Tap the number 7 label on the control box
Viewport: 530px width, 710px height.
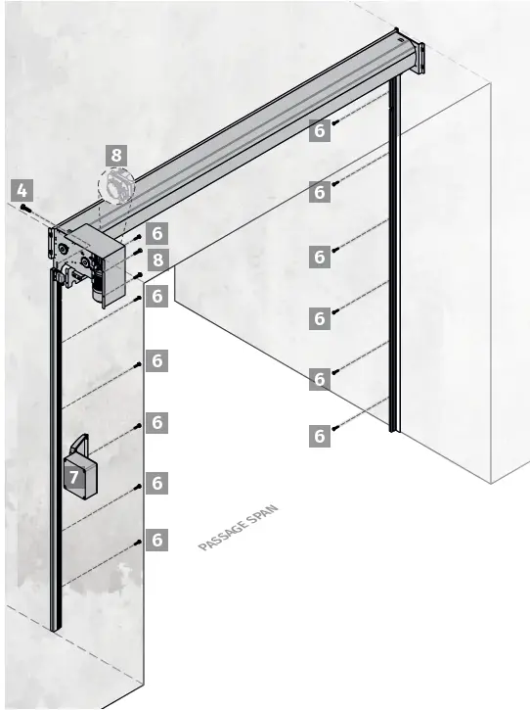click(74, 477)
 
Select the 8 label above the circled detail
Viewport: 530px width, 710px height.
click(117, 154)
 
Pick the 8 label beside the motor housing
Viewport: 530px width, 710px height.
click(157, 260)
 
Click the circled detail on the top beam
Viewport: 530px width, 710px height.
click(117, 185)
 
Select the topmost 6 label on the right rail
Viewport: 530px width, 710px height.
click(320, 130)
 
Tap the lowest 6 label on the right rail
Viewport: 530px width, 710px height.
click(320, 436)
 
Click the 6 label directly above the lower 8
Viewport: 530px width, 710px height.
click(157, 233)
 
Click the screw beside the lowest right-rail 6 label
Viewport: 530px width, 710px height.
click(335, 429)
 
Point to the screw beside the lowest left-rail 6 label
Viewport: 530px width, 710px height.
click(141, 541)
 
